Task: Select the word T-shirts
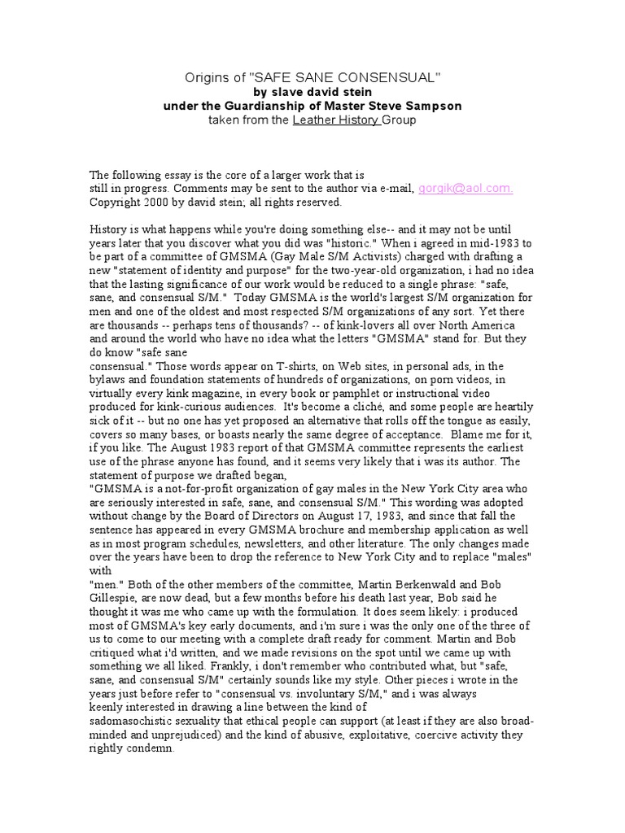pyautogui.click(x=275, y=366)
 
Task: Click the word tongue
pyautogui.click(x=461, y=420)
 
